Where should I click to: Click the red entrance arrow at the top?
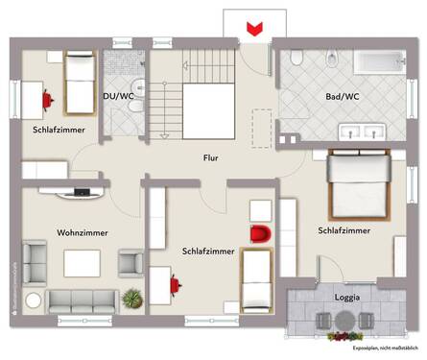[x=254, y=30]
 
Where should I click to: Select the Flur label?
[x=214, y=157]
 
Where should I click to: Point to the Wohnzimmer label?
[x=82, y=232]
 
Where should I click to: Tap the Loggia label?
[x=346, y=298]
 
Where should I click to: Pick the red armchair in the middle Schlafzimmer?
[x=260, y=233]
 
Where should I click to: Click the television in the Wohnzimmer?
[x=81, y=193]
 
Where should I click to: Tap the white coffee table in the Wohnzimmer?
[x=83, y=262]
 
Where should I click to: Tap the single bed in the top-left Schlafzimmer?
[x=77, y=83]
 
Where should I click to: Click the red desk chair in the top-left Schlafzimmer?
[x=45, y=98]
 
